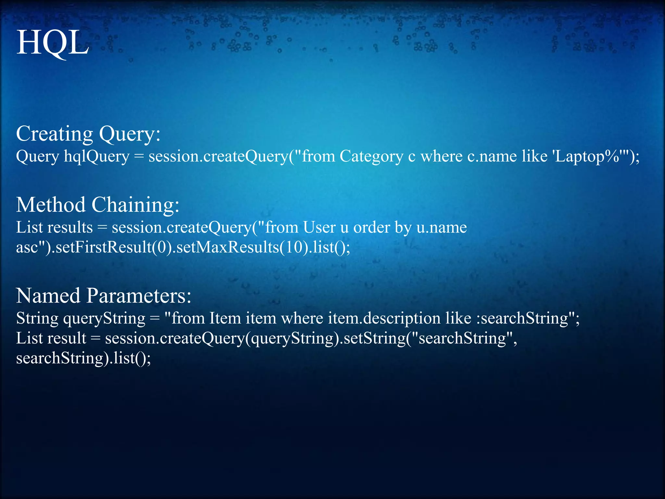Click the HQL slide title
coord(53,43)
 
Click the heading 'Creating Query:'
coord(88,134)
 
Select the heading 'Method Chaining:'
coord(98,205)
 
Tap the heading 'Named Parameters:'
coord(104,296)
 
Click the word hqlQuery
coord(97,157)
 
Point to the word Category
coord(371,157)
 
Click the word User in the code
coord(319,227)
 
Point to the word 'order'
coord(372,227)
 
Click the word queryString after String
coord(104,318)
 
